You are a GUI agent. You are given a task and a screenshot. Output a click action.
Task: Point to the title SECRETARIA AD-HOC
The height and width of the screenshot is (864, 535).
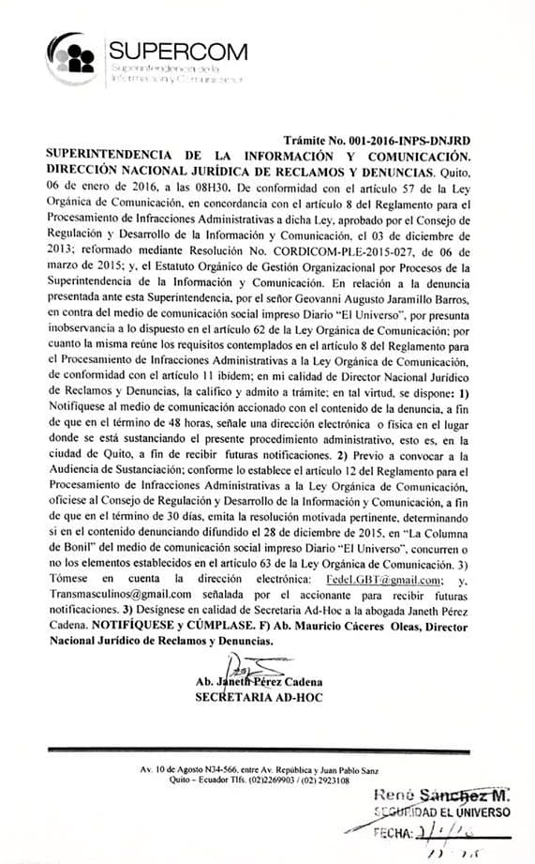click(x=246, y=698)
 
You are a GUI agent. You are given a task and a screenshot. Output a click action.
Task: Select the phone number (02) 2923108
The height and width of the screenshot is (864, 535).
click(x=324, y=780)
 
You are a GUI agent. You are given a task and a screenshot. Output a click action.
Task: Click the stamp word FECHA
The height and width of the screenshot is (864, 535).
click(x=393, y=832)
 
